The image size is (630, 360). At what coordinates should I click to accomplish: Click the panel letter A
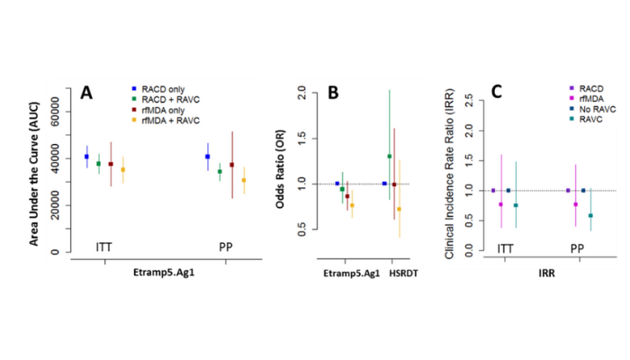[86, 92]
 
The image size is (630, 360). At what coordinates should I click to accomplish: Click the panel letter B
[332, 94]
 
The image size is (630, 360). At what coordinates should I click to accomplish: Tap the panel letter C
[495, 92]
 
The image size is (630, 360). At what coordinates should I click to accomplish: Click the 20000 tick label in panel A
[58, 205]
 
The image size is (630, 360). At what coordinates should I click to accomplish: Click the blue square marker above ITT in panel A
[87, 157]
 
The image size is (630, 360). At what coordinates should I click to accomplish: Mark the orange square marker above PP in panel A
[243, 180]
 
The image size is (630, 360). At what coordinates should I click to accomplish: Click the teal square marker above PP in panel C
[590, 216]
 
